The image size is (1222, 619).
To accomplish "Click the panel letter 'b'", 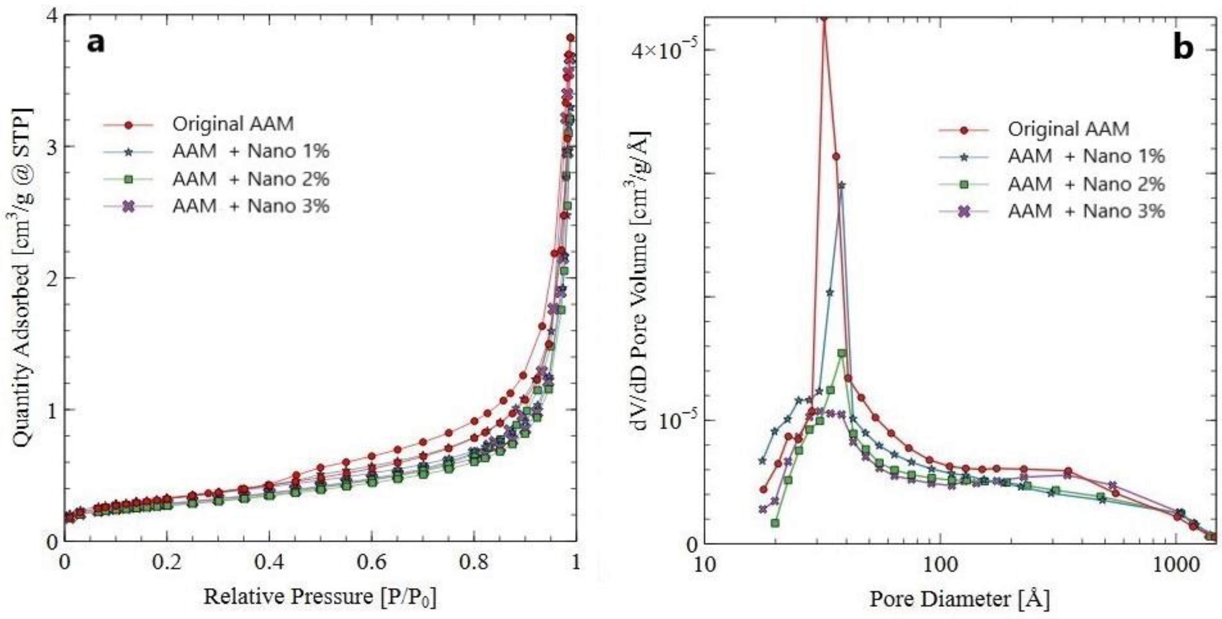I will point(1183,48).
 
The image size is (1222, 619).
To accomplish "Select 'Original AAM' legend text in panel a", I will point(233,124).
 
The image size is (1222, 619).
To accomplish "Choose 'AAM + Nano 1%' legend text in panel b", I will point(1086,156).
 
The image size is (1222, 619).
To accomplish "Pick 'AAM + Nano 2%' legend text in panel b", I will point(1086,184).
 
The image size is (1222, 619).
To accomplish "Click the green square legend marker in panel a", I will point(128,180).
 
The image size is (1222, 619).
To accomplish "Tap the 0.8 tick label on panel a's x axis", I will point(474,562).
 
